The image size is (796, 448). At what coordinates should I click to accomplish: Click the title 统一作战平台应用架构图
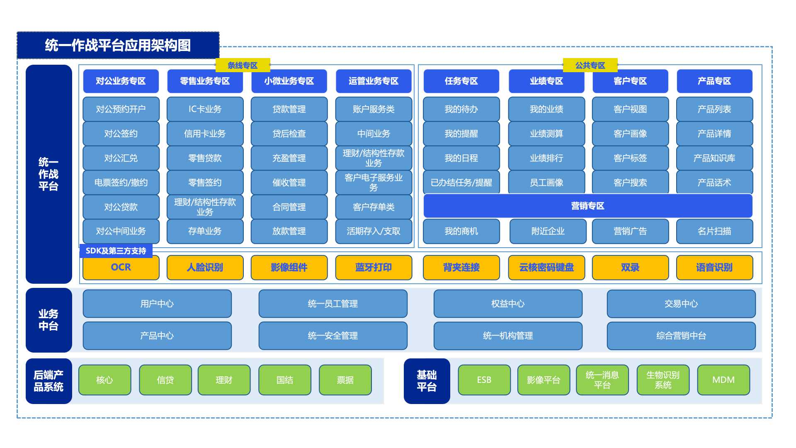click(x=118, y=45)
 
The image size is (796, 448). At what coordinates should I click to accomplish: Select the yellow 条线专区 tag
click(x=243, y=65)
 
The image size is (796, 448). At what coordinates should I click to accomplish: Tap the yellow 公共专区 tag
click(x=590, y=65)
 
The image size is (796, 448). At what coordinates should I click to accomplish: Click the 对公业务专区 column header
click(x=121, y=81)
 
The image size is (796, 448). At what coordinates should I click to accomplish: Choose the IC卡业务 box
click(x=205, y=109)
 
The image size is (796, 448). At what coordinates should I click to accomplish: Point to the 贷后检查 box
click(x=289, y=134)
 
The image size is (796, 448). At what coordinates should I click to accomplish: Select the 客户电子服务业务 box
click(x=374, y=183)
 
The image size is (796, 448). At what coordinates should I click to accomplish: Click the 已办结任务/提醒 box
click(x=461, y=183)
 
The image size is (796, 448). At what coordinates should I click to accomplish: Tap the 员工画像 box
click(x=546, y=183)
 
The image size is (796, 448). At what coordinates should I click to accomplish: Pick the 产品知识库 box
click(x=714, y=158)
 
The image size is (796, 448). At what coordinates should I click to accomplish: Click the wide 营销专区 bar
click(x=588, y=206)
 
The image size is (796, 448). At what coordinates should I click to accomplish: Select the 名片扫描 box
click(x=714, y=231)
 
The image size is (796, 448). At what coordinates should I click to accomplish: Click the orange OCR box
click(x=121, y=268)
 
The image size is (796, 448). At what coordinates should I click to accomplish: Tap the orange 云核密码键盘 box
click(x=546, y=268)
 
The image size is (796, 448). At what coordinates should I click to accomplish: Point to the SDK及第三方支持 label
click(x=116, y=251)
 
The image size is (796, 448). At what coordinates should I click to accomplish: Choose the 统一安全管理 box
click(x=333, y=336)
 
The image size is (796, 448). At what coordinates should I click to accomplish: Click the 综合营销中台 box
click(x=681, y=336)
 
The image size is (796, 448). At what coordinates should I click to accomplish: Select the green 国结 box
click(x=285, y=380)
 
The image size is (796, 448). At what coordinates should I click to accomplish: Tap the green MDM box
click(x=723, y=380)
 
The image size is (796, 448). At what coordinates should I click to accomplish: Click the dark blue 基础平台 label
click(x=427, y=381)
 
